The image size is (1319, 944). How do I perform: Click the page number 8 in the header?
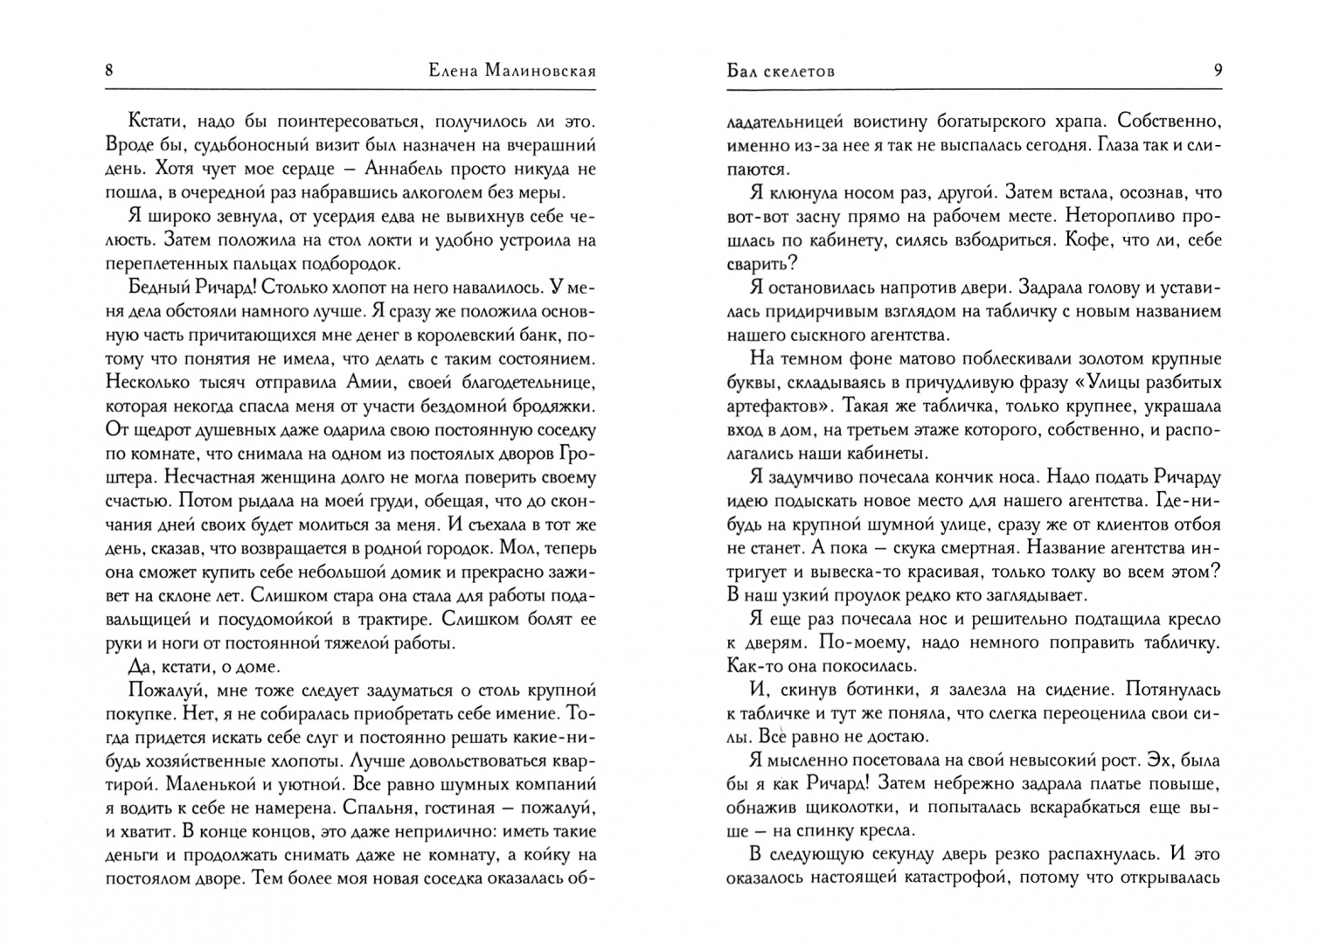(108, 70)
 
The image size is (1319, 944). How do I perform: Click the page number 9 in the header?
(1218, 70)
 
